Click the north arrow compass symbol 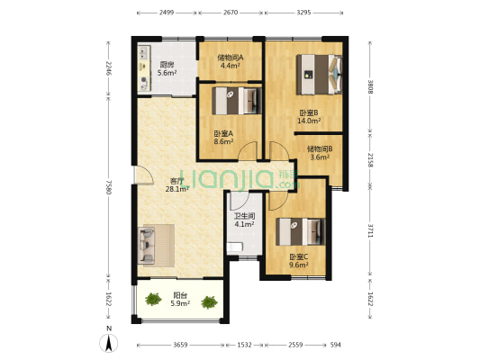pos(109,343)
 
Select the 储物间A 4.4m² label pos(231,61)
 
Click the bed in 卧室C pos(300,231)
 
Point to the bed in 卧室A pos(237,101)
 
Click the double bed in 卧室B pos(320,75)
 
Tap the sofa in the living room pos(146,246)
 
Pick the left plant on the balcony pos(153,299)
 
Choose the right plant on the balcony pos(210,302)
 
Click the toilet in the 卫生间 pos(235,247)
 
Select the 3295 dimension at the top pos(303,13)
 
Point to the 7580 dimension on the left pos(109,186)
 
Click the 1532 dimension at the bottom pos(244,345)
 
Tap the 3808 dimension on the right pos(370,87)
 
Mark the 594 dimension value pos(336,345)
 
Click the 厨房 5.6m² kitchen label pos(168,68)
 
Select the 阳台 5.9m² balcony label pos(180,300)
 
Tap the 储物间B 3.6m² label pos(320,153)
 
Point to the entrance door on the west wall pos(144,175)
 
